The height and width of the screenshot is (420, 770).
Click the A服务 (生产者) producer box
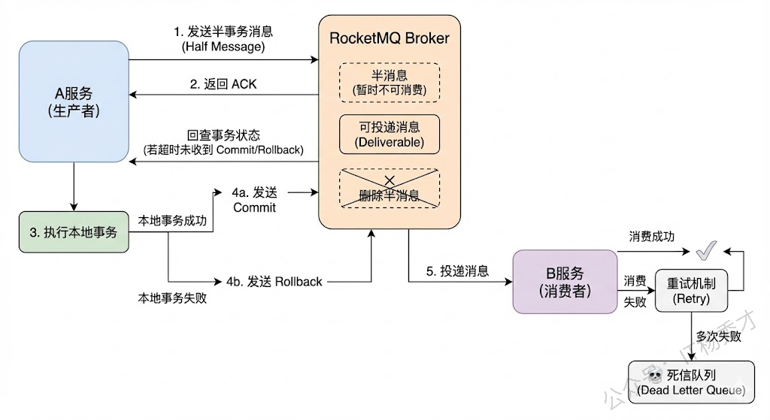[x=74, y=101]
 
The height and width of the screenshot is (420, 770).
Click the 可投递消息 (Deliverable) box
[x=389, y=134]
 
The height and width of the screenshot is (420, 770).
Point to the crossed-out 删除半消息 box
[x=389, y=189]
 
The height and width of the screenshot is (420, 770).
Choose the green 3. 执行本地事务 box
[x=74, y=232]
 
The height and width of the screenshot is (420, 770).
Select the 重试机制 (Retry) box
[x=692, y=291]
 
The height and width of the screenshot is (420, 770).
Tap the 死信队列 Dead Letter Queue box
[x=690, y=382]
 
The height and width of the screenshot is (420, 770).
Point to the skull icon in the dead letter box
[x=655, y=375]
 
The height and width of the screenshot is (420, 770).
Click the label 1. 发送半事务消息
[x=223, y=38]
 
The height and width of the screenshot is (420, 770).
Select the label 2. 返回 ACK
[x=223, y=84]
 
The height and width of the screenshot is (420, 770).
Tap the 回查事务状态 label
[x=223, y=142]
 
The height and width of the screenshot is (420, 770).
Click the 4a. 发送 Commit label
[x=254, y=200]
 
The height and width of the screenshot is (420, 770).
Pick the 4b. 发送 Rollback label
[x=274, y=282]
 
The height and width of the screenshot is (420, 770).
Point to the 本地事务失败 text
[x=171, y=298]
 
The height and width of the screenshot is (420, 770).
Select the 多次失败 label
[x=718, y=336]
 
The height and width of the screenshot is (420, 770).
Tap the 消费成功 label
[x=651, y=236]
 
